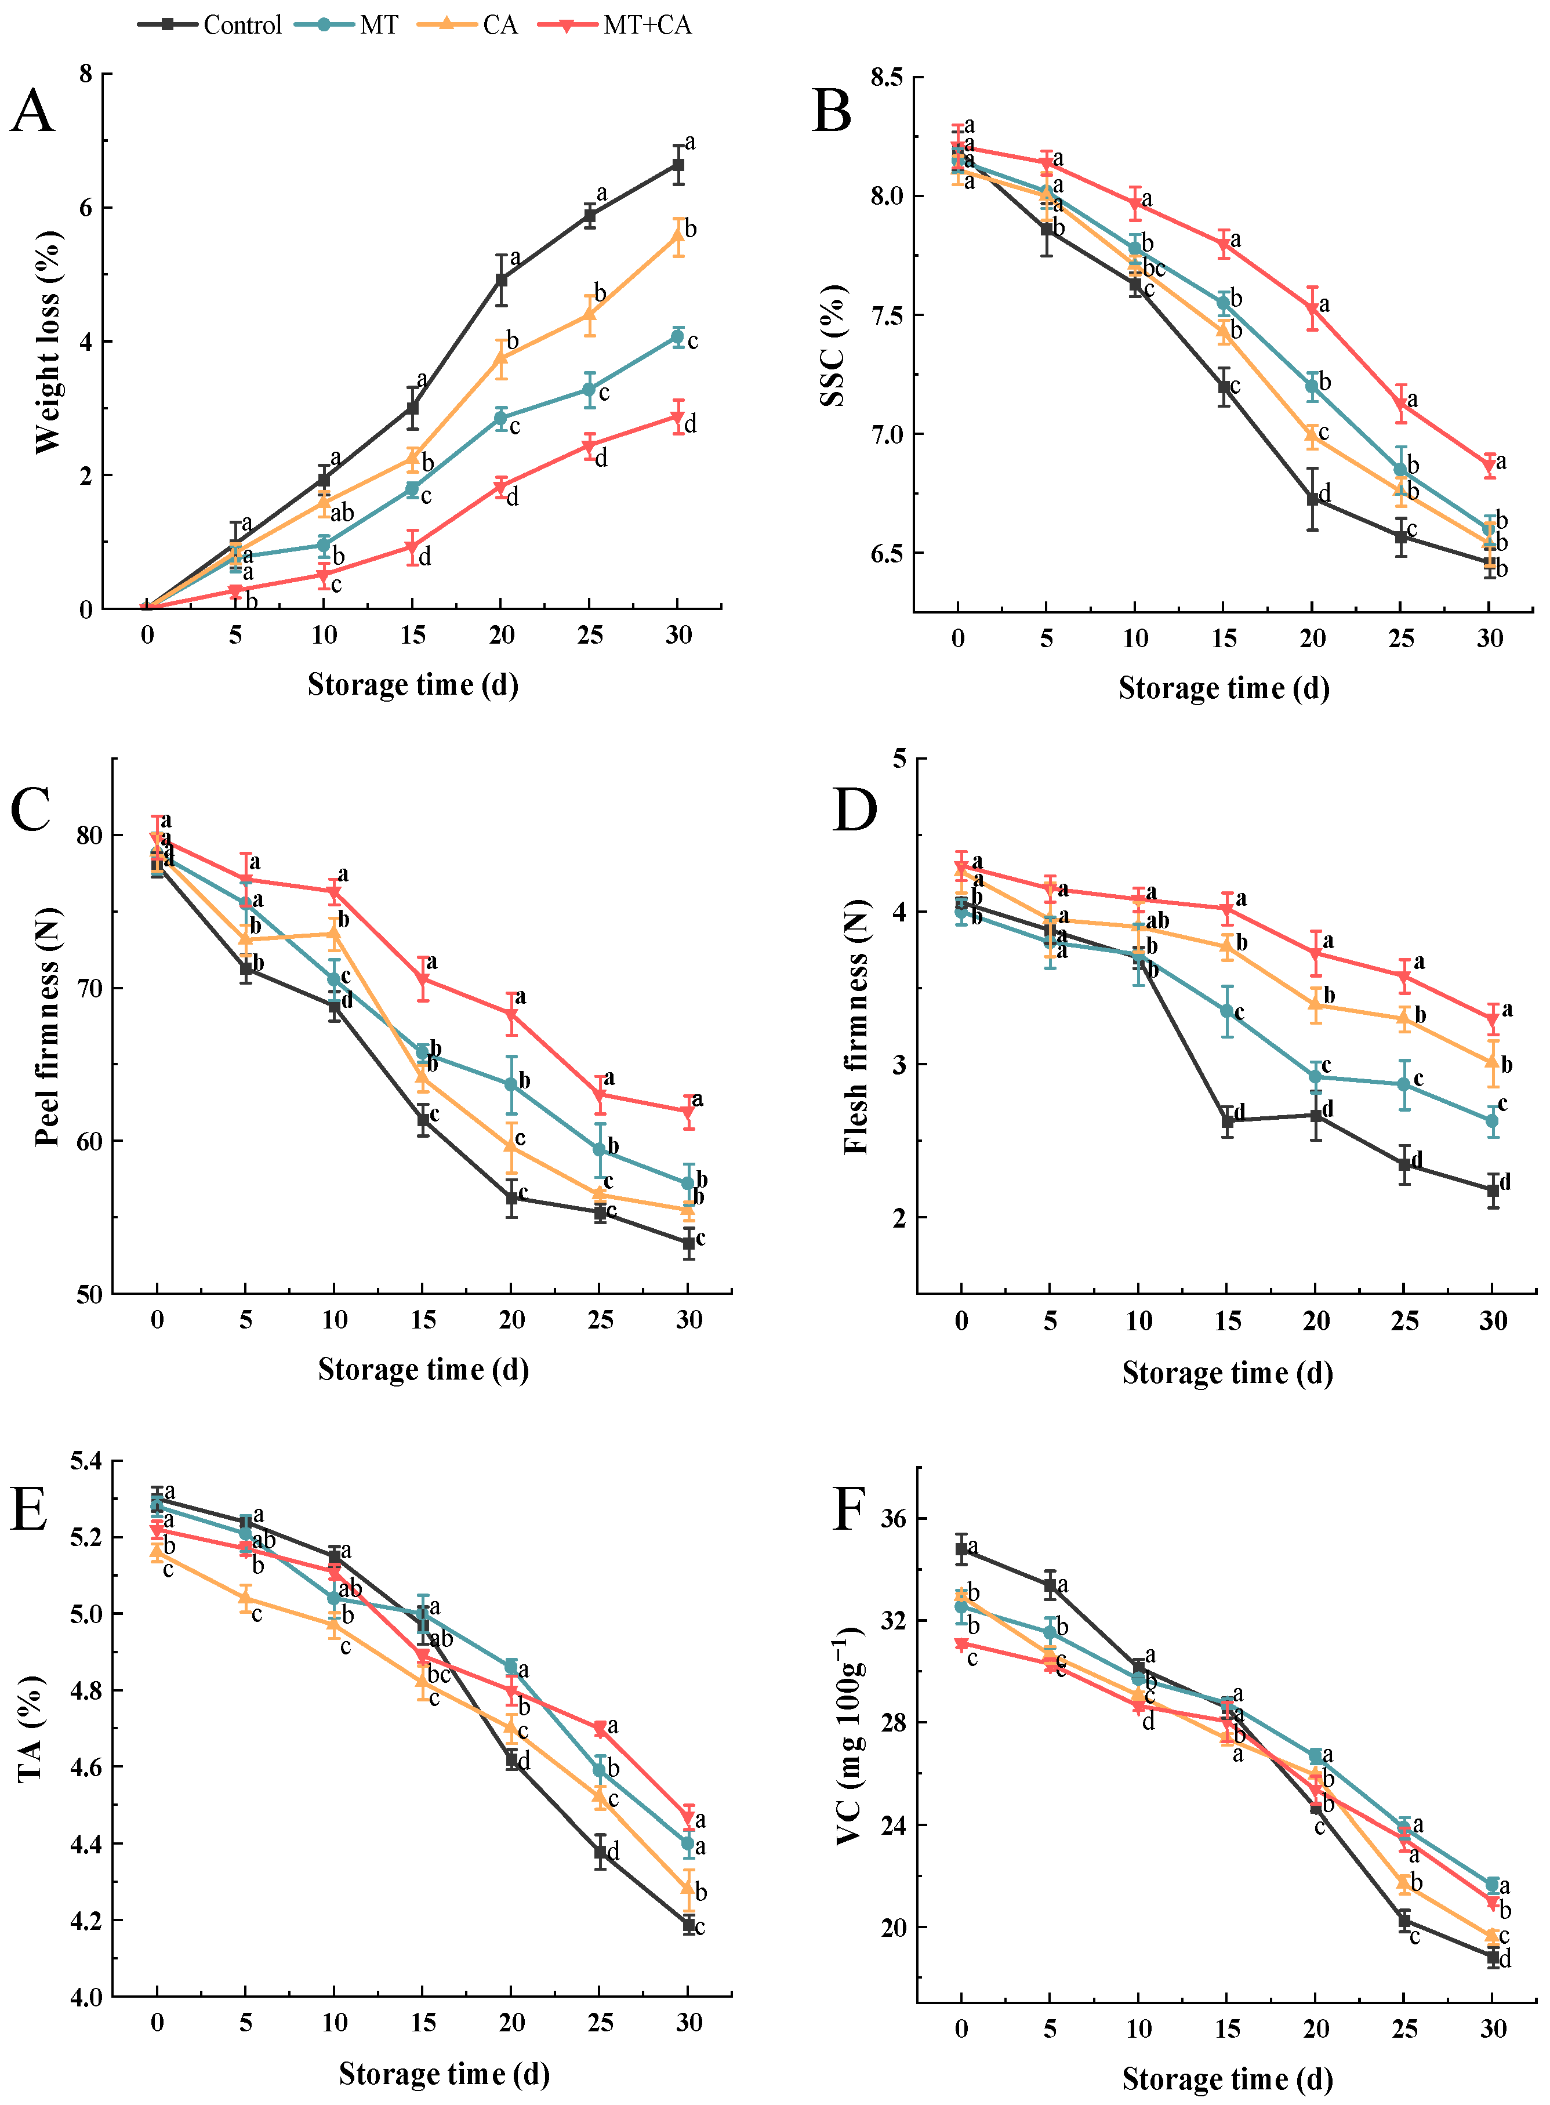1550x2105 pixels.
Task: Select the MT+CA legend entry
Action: point(615,24)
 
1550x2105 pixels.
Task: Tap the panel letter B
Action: point(832,111)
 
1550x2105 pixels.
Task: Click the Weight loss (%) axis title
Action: point(47,342)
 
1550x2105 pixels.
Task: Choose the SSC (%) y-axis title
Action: point(832,345)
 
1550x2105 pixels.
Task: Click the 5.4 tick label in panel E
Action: point(90,1461)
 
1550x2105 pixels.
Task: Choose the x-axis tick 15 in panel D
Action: point(1227,1321)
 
